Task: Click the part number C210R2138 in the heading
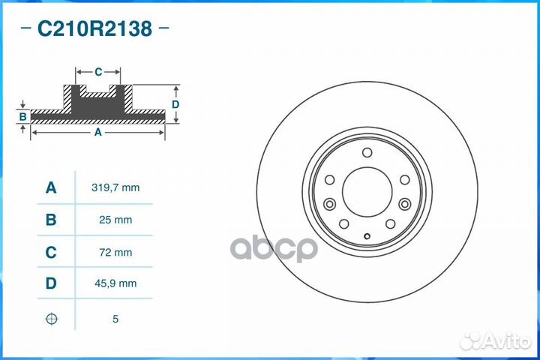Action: tap(94, 29)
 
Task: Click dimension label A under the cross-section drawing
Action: tap(98, 132)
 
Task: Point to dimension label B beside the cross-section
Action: tap(23, 116)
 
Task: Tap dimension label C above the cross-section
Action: tap(98, 72)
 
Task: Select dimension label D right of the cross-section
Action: tap(175, 104)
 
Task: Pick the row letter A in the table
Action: tap(51, 187)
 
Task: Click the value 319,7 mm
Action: tap(115, 187)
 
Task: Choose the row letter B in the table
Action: tap(51, 220)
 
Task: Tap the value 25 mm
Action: tap(115, 220)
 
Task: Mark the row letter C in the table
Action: tap(51, 253)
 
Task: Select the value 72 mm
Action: tap(115, 253)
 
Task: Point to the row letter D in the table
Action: tap(51, 283)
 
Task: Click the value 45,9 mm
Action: tap(115, 283)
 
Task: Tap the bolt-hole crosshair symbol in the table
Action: tap(51, 319)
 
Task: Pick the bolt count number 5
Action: tap(115, 319)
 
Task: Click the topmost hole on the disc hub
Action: tap(367, 153)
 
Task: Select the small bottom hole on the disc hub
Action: tap(367, 238)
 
